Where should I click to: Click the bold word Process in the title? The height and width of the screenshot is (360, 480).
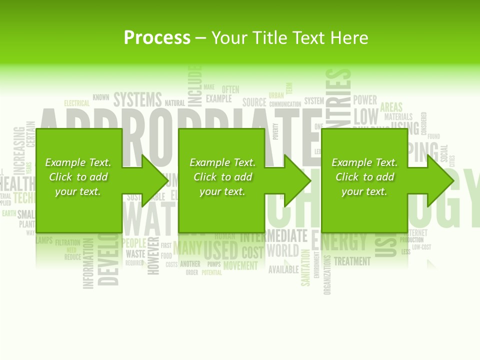pyautogui.click(x=157, y=38)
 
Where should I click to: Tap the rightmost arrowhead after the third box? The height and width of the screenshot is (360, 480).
pyautogui.click(x=440, y=180)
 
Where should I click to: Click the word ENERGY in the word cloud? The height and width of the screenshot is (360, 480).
pyautogui.click(x=340, y=242)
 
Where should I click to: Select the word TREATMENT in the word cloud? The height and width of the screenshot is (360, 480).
pyautogui.click(x=352, y=261)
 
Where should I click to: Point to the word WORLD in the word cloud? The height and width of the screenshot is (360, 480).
pyautogui.click(x=283, y=250)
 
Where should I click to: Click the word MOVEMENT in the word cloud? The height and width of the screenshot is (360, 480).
pyautogui.click(x=240, y=265)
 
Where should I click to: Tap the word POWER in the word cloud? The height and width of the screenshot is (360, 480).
pyautogui.click(x=365, y=100)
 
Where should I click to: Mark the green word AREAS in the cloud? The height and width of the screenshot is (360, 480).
pyautogui.click(x=391, y=107)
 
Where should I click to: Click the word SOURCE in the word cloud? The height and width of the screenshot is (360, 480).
pyautogui.click(x=254, y=102)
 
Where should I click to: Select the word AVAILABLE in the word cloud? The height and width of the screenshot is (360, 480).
pyautogui.click(x=283, y=270)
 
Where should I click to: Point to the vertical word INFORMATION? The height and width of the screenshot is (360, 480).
pyautogui.click(x=88, y=263)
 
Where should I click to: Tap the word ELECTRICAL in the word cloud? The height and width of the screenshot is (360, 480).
pyautogui.click(x=76, y=103)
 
